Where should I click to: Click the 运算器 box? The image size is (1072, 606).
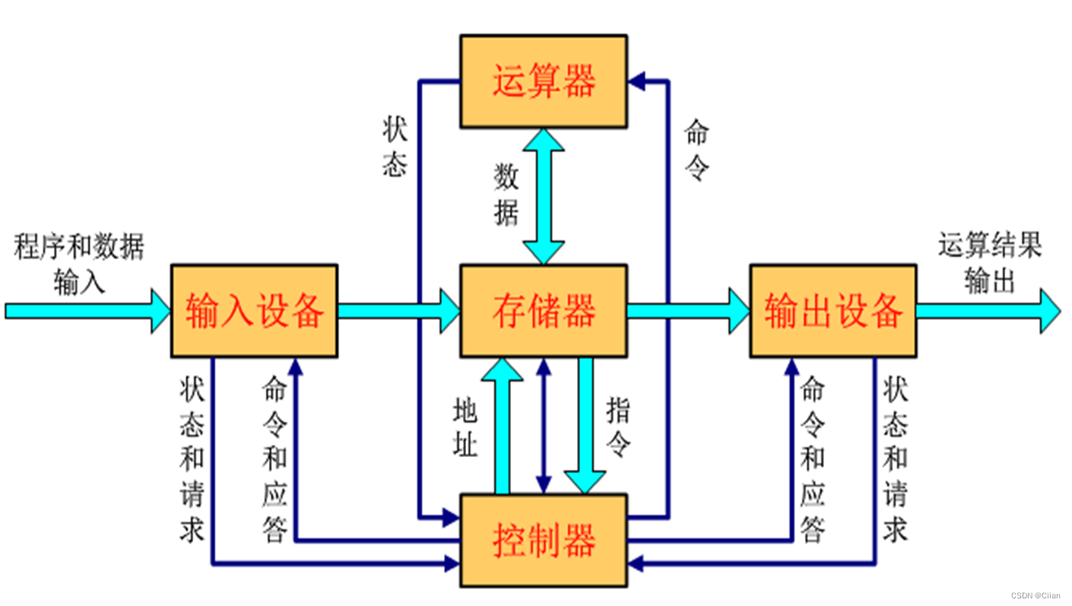pos(544,81)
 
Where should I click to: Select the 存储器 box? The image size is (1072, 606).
pos(544,311)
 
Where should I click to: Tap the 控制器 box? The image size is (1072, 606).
pos(544,541)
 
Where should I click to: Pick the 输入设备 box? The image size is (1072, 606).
pos(254,311)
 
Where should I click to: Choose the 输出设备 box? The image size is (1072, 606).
pos(833,311)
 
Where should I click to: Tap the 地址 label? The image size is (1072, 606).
pos(465,429)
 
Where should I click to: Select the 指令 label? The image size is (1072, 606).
pos(619,429)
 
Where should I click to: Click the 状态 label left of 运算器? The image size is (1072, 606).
pos(395,148)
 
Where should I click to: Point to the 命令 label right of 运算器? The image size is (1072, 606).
pos(696,150)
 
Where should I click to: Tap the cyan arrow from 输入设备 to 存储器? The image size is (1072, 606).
pos(398,311)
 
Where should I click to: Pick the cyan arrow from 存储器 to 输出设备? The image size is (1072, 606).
pos(688,311)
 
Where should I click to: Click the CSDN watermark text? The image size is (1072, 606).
pos(1036,595)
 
